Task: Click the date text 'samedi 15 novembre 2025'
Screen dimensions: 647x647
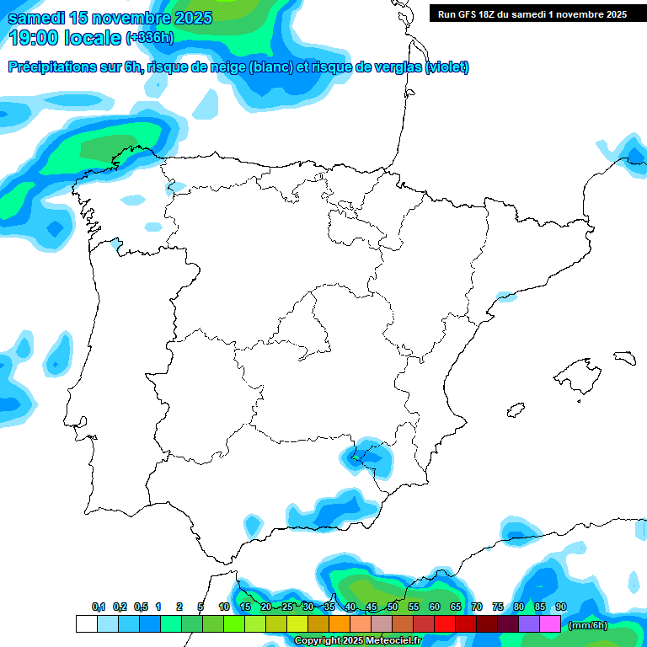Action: (110, 18)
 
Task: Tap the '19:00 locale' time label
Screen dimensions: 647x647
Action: (65, 37)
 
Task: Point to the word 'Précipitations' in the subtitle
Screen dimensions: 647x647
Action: (51, 67)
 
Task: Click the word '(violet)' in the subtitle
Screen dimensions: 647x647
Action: (447, 67)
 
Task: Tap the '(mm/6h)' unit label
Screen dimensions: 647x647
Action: (589, 625)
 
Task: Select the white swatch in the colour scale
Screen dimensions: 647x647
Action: (86, 624)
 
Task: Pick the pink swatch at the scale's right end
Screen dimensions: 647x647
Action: (550, 624)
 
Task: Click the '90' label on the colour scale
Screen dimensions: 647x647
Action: (561, 607)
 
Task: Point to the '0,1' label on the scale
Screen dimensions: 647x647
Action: (99, 607)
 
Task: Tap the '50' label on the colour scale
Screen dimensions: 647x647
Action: (393, 607)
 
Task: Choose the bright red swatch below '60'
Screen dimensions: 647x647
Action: (445, 624)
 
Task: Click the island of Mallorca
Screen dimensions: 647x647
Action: (577, 372)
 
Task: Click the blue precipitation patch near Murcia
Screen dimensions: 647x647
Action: (367, 457)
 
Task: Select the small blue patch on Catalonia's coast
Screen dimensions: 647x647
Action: (506, 297)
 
